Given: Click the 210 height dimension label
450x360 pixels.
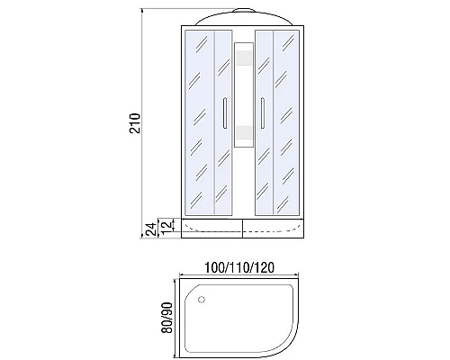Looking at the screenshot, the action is point(135,123).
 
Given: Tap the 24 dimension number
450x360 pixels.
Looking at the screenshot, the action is point(153,229).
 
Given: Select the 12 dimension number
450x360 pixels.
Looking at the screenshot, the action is point(168,225).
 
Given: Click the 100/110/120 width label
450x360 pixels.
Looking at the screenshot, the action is point(239,267).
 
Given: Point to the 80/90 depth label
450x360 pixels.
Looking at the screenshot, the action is point(166,318).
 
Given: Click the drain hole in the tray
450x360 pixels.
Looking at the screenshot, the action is point(202,299).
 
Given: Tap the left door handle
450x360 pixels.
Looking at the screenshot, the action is point(225,112).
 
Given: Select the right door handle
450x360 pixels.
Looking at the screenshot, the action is point(262,112).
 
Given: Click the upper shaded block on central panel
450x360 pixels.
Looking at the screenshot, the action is point(244,58).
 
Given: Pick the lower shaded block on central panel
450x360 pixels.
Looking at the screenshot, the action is point(244,133).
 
